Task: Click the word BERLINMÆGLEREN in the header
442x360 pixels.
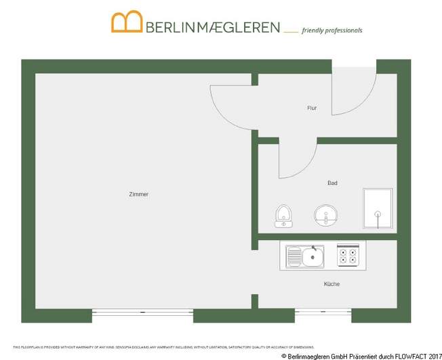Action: (x=213, y=28)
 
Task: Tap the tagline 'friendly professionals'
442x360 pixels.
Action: (x=331, y=31)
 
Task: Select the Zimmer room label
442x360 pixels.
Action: (x=138, y=195)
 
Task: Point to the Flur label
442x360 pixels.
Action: (x=312, y=108)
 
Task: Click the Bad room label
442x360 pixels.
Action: (x=332, y=183)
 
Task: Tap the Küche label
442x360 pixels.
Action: (x=331, y=284)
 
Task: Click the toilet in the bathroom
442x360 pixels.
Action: (x=283, y=216)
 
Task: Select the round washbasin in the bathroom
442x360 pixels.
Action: (x=325, y=216)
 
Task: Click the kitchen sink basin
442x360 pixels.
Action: (x=313, y=256)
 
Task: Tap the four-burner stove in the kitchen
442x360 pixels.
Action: (x=348, y=255)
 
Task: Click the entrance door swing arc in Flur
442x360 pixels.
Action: (x=353, y=92)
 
